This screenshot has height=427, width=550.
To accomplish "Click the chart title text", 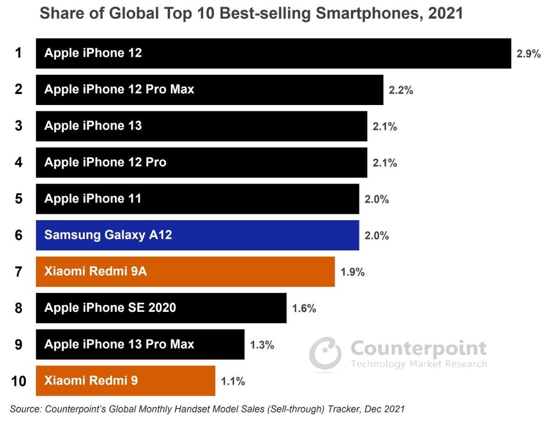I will [251, 14].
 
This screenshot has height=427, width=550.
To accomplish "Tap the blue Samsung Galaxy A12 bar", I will [197, 235].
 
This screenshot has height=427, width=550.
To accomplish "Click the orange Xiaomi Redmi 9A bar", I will [185, 272].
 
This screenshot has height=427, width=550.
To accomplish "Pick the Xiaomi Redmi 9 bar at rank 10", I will [125, 381].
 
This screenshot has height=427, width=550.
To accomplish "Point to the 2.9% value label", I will [528, 54].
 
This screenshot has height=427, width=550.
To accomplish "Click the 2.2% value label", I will [401, 90].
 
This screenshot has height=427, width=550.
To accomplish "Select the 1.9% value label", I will [352, 272].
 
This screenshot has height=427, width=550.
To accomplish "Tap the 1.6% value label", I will [304, 309].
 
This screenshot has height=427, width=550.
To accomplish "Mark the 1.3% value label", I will [262, 345].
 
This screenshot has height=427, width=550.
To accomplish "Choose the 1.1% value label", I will [233, 381].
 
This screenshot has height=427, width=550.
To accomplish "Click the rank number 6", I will [18, 235].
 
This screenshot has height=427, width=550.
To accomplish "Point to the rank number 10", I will [18, 381].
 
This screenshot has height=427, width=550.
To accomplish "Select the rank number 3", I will [18, 126].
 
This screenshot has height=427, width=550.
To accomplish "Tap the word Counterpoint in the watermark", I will [418, 349].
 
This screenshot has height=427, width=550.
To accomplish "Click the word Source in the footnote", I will [25, 409].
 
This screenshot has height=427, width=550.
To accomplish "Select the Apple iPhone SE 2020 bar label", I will [110, 308].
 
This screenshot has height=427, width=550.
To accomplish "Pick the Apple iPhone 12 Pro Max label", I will [119, 89].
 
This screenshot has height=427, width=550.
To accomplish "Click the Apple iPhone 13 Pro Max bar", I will [140, 344].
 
